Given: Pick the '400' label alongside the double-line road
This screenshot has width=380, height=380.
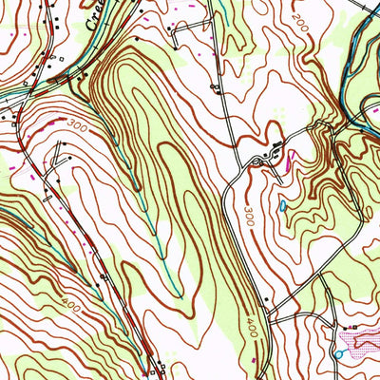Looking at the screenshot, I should pos(251,328).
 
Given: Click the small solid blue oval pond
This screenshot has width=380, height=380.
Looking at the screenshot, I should pos(282,204).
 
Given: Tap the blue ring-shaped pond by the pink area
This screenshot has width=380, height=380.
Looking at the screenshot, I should pos(337,354).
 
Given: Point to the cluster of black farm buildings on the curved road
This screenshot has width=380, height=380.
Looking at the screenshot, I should pos(271,151).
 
